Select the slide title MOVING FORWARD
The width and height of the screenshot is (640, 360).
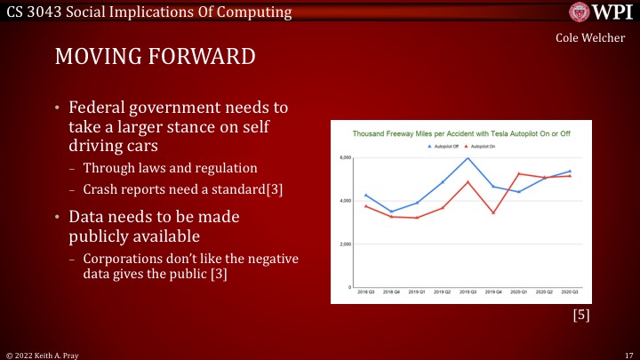tap(156, 57)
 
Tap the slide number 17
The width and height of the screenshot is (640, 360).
tap(627, 353)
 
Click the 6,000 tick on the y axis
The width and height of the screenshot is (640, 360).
tap(347, 158)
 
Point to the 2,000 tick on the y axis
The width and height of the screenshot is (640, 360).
tap(347, 244)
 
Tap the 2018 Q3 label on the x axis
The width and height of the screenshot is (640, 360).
tap(365, 292)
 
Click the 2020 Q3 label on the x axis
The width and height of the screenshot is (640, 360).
tap(570, 292)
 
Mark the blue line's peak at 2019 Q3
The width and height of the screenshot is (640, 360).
tap(468, 158)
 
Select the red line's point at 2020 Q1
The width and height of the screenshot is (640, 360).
tap(519, 173)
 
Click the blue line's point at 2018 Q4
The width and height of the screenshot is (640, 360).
tap(391, 212)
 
